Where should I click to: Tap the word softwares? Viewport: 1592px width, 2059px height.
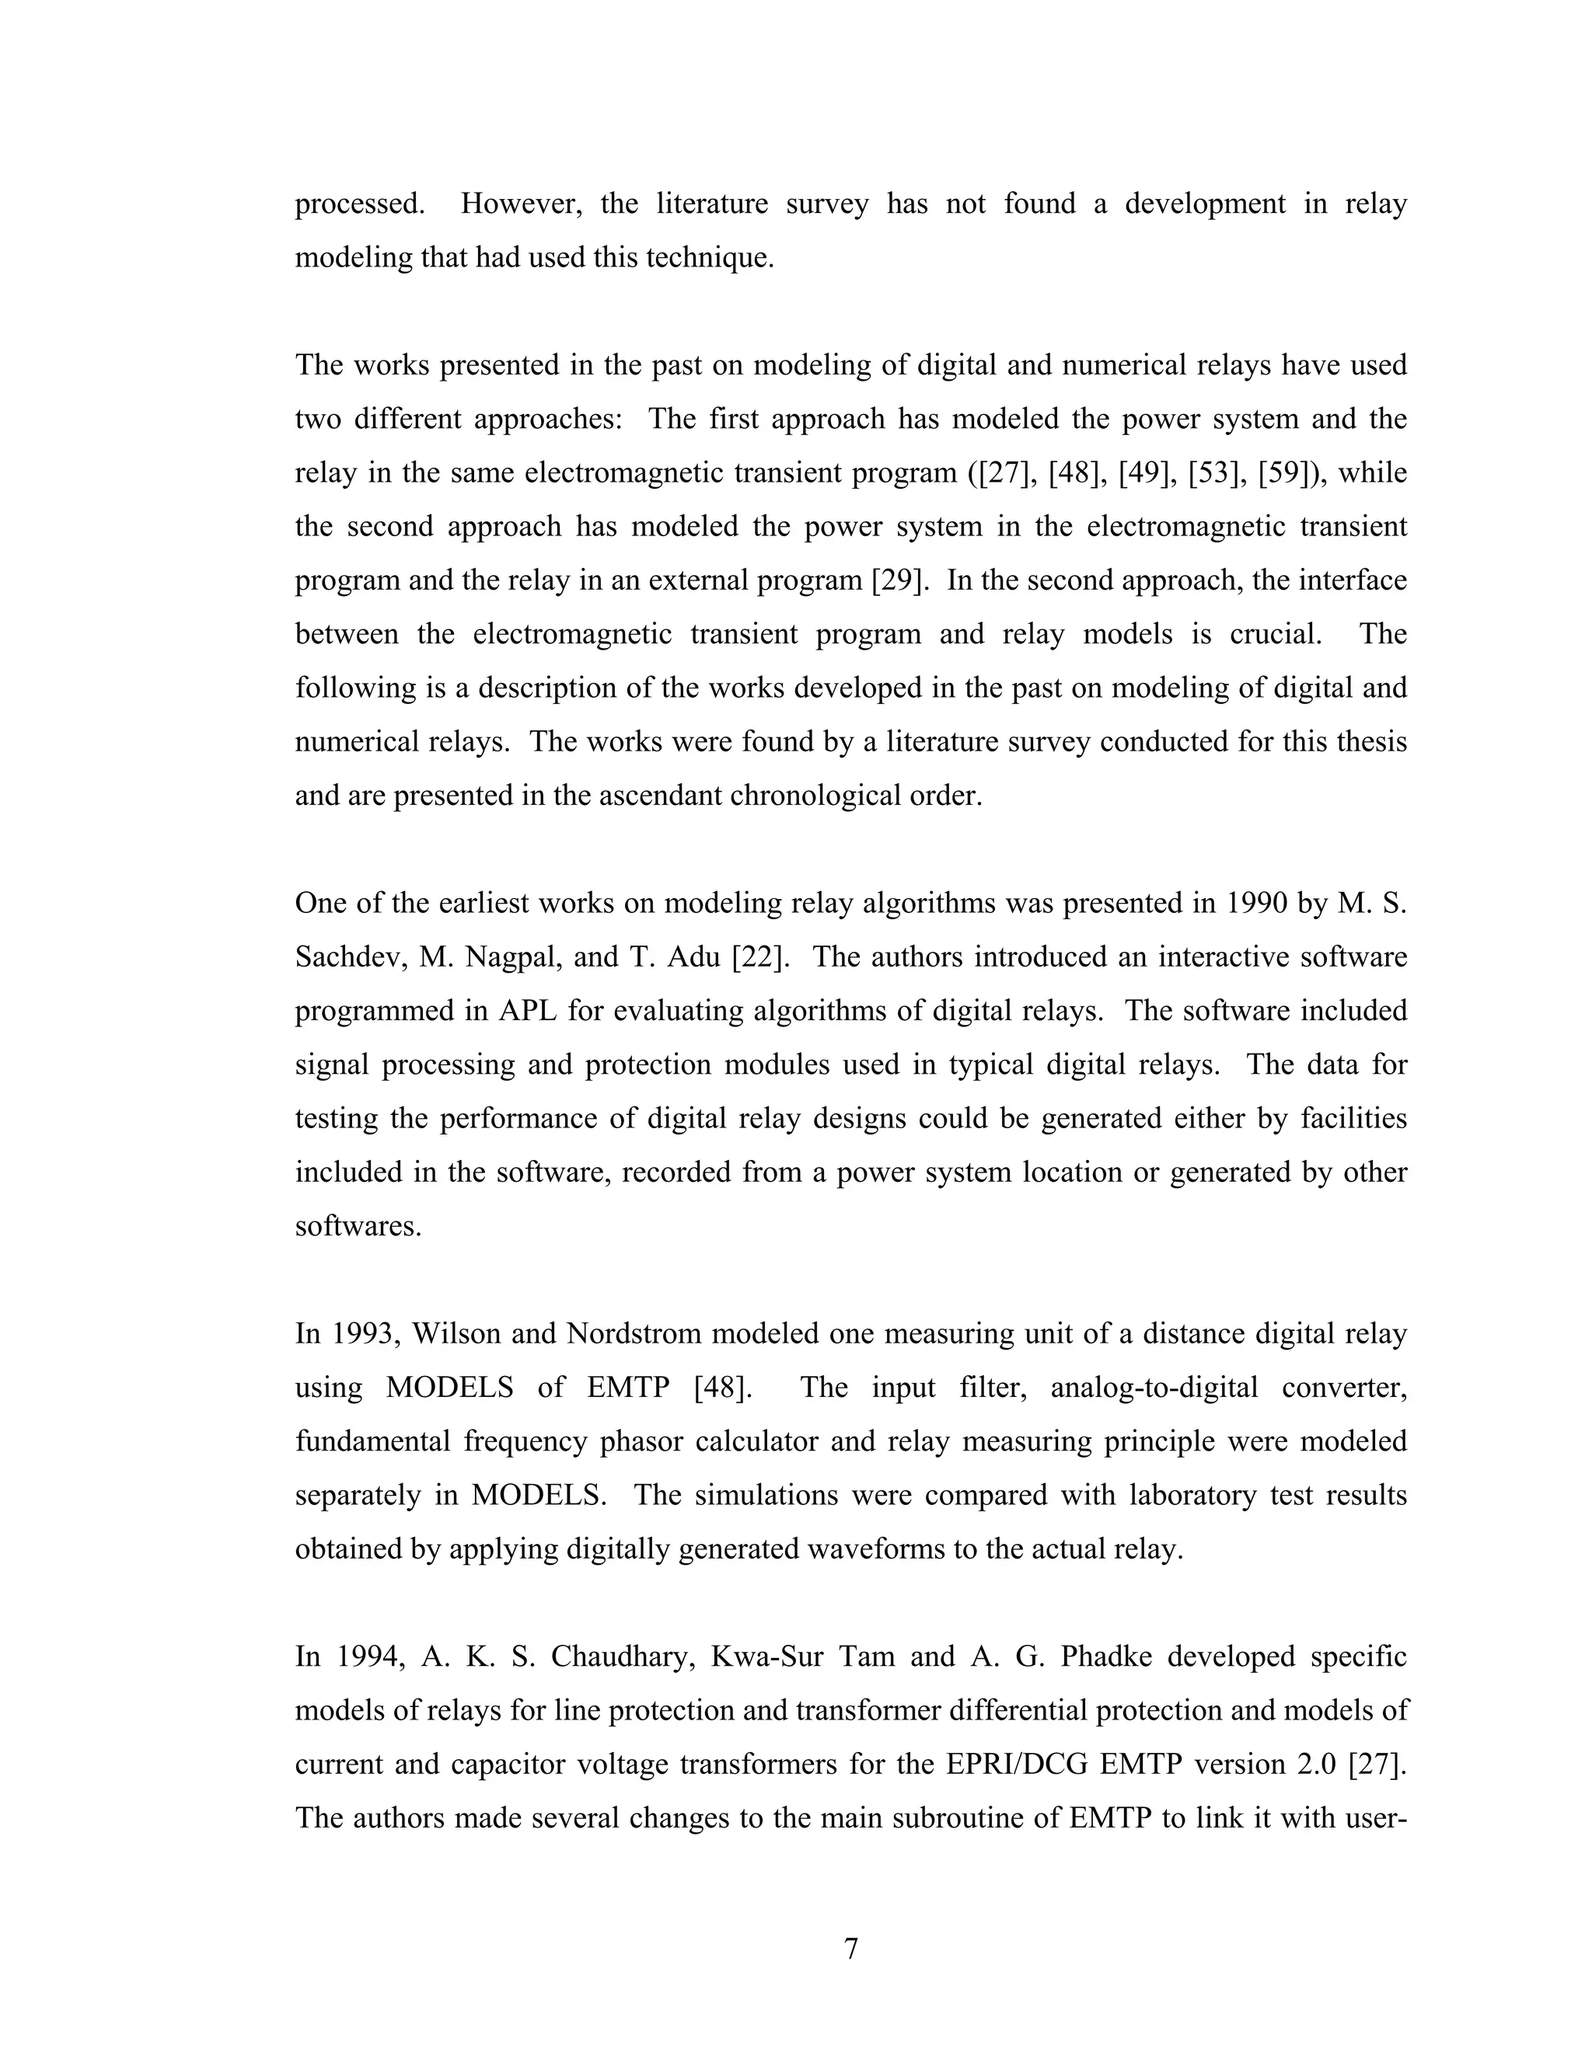click(358, 1227)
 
